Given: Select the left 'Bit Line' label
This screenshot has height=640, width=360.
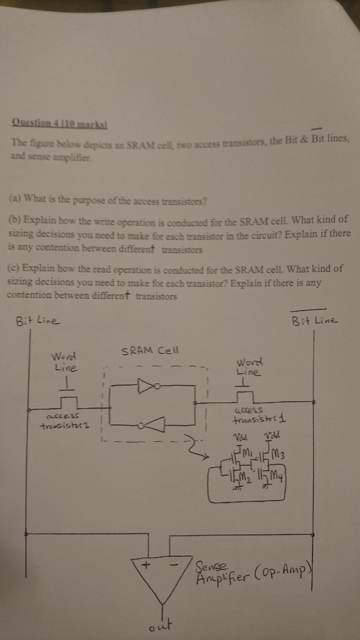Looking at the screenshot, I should (36, 321).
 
